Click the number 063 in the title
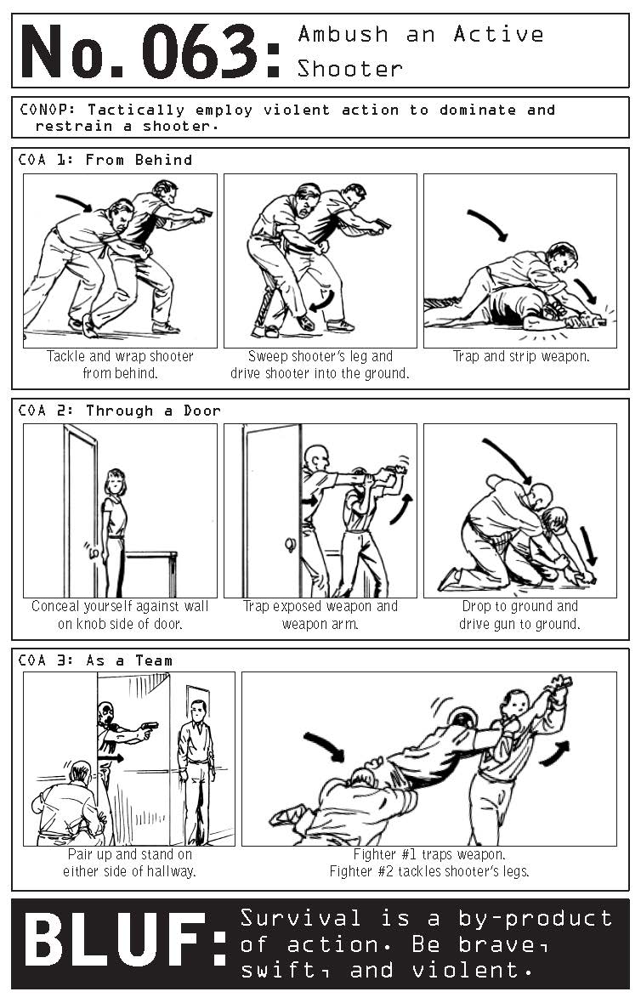click(201, 51)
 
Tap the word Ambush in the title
click(343, 35)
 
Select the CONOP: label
click(50, 110)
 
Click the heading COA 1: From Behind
click(105, 160)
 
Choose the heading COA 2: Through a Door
click(120, 411)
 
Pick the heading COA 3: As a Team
click(95, 660)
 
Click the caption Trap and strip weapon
click(520, 357)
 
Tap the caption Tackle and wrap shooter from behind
click(120, 365)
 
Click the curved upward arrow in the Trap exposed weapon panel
click(400, 508)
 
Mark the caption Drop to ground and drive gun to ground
click(519, 615)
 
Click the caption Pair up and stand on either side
click(128, 863)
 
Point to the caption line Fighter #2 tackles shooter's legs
click(428, 871)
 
